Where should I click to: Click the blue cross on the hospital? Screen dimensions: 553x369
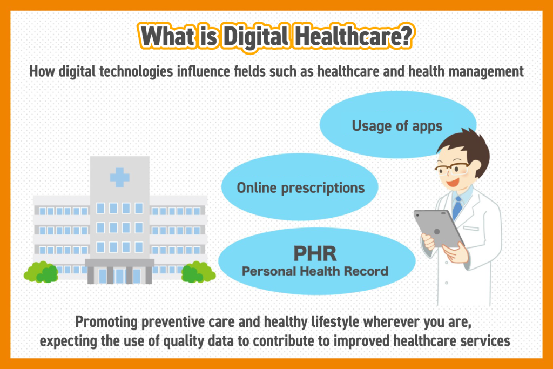coord(119,177)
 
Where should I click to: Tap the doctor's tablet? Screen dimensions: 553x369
coord(439,229)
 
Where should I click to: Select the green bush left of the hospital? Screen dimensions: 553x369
coord(41,272)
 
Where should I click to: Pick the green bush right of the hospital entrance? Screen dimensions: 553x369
coord(198,272)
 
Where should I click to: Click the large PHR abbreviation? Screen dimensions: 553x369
coord(315,253)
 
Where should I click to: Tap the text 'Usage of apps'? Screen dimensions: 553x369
coord(397,126)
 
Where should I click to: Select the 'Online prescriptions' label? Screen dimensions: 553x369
coord(300,188)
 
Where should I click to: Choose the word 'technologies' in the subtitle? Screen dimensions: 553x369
coord(136,72)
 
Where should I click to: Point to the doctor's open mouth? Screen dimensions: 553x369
coord(451,183)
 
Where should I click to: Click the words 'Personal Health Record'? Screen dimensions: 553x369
coord(315,271)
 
